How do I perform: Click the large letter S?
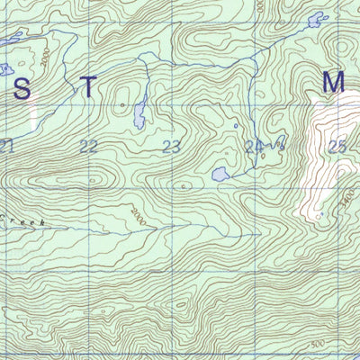[x=22, y=88]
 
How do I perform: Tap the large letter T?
[x=87, y=88]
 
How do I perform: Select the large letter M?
[x=334, y=83]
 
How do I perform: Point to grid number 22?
[x=89, y=147]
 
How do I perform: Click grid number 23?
[x=173, y=147]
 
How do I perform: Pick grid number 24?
[x=255, y=147]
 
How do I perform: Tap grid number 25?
[x=337, y=147]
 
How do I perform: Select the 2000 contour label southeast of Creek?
[x=135, y=216]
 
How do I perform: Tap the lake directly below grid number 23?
[x=218, y=173]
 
